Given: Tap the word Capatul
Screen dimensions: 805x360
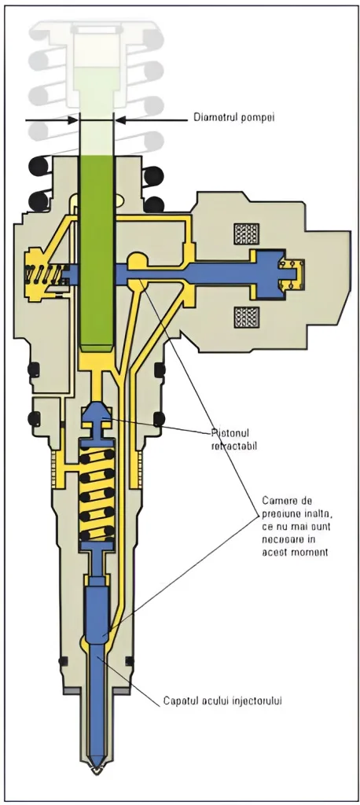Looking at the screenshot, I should click(182, 700).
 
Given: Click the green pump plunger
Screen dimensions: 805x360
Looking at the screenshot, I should click(97, 252).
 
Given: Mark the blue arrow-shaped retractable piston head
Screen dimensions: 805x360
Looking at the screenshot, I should click(97, 416).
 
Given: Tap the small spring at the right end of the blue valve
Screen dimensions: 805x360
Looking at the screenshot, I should click(292, 273).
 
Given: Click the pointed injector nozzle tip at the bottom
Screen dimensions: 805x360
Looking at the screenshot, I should click(97, 766).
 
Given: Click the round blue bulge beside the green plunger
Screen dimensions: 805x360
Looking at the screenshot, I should click(137, 262).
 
